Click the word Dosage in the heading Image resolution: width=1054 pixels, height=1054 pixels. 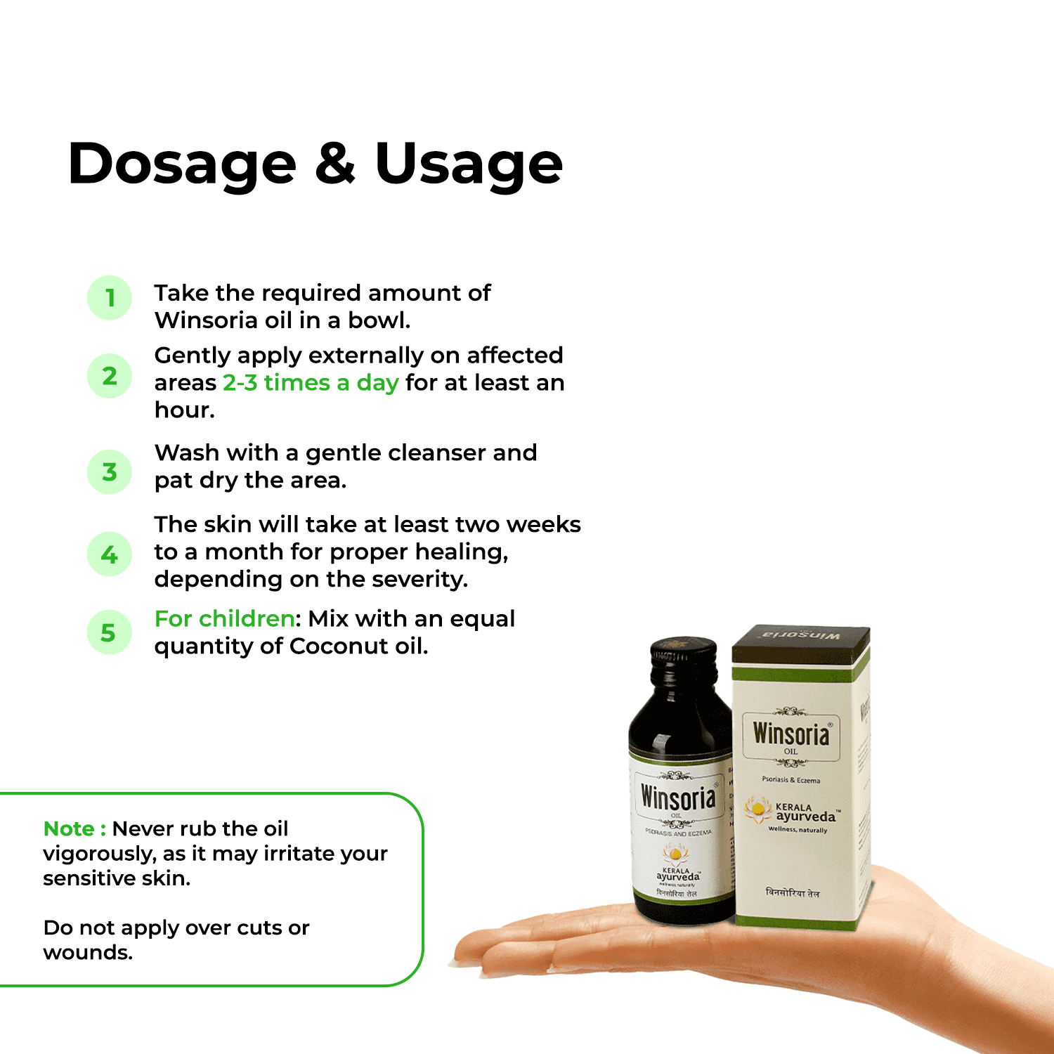(x=182, y=164)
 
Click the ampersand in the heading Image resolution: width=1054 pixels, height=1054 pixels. (x=335, y=163)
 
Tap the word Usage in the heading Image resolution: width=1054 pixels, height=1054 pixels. (x=469, y=164)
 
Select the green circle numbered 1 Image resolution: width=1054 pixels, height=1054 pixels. (x=110, y=298)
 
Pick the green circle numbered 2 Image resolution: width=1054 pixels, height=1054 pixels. (x=110, y=376)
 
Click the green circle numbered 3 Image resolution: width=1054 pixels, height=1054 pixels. (x=110, y=471)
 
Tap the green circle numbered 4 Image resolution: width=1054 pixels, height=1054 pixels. (x=110, y=554)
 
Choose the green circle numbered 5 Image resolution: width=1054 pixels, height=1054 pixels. (x=110, y=632)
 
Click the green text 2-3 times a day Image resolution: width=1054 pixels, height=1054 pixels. (x=311, y=383)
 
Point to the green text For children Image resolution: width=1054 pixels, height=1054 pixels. (x=224, y=619)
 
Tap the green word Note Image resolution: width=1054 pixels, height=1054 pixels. (x=69, y=829)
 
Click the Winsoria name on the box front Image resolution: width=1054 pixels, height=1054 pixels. (x=791, y=734)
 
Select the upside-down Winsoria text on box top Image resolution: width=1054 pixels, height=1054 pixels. (x=801, y=635)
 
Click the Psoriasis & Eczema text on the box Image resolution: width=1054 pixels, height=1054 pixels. (x=791, y=780)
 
